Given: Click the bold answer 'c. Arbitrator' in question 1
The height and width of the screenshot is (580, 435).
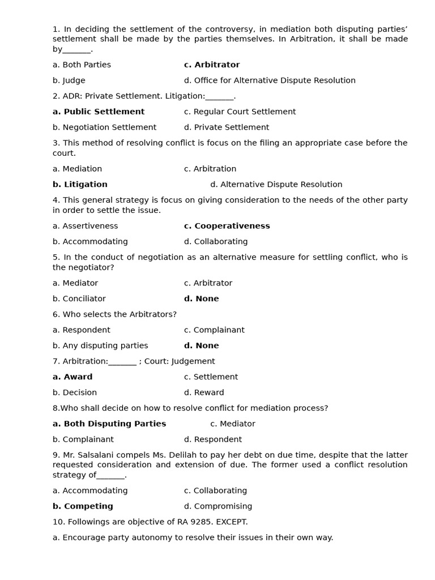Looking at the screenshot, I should coord(212,65).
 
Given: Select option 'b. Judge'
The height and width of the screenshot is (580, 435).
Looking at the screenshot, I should coord(69,80).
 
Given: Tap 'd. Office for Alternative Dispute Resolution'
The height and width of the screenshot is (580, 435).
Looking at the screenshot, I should coord(270,80).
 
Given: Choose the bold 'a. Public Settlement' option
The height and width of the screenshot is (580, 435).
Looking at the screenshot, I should coord(99,112).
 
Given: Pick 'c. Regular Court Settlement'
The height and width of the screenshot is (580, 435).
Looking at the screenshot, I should coord(240,112).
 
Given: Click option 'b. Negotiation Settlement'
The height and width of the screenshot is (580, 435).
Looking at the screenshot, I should coord(104,127).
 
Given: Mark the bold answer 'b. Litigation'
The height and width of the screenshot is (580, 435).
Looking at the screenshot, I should coord(80,185).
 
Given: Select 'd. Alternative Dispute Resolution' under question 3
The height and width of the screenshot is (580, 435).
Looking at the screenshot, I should coord(276,185).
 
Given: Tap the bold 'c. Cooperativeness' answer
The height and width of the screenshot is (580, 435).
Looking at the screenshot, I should coord(227,226).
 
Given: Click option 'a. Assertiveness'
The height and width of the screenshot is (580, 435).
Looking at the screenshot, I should coord(85,226).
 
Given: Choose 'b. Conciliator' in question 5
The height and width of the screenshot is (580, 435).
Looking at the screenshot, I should coord(79,298).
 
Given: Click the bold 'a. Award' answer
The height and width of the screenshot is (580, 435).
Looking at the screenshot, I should coord(72,377).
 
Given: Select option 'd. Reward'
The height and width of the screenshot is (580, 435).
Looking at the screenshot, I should coord(204,393).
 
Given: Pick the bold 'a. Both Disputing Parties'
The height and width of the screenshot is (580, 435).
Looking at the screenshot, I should coord(109,424).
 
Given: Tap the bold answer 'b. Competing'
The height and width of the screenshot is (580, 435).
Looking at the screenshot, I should coord(83,506).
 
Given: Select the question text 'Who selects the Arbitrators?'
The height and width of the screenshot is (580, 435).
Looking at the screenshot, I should coord(120,314).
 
